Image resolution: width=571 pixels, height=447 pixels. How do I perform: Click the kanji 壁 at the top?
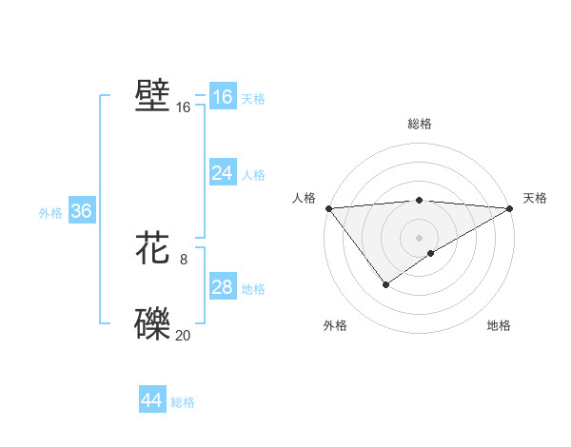pyautogui.click(x=153, y=96)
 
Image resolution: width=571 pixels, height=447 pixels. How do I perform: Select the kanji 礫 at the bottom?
pyautogui.click(x=153, y=324)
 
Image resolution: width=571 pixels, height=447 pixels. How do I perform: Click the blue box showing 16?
pyautogui.click(x=222, y=97)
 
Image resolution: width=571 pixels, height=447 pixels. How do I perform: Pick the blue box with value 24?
pyautogui.click(x=222, y=173)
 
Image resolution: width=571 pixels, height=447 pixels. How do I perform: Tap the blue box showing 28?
pyautogui.click(x=222, y=287)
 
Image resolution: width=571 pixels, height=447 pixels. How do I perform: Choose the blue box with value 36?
pyautogui.click(x=81, y=211)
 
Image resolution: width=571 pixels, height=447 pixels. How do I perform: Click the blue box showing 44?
pyautogui.click(x=151, y=400)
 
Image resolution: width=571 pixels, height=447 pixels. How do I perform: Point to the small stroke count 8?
pyautogui.click(x=184, y=259)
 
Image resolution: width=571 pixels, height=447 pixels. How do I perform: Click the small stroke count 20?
pyautogui.click(x=183, y=334)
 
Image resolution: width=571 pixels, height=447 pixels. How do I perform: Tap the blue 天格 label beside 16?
pyautogui.click(x=253, y=99)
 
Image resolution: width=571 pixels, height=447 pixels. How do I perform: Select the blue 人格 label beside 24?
pyautogui.click(x=253, y=175)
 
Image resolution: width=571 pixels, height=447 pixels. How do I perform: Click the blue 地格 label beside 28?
pyautogui.click(x=253, y=289)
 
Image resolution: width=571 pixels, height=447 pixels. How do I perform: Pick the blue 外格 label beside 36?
pyautogui.click(x=50, y=213)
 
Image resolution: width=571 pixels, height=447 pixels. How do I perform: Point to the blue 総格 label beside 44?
pyautogui.click(x=183, y=402)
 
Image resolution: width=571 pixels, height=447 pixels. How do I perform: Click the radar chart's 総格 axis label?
pyautogui.click(x=419, y=124)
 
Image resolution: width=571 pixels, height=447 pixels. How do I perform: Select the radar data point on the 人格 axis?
pyautogui.click(x=328, y=207)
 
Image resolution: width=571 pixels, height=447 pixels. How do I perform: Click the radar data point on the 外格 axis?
pyautogui.click(x=385, y=284)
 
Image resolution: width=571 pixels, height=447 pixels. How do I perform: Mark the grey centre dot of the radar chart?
pyautogui.click(x=419, y=237)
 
